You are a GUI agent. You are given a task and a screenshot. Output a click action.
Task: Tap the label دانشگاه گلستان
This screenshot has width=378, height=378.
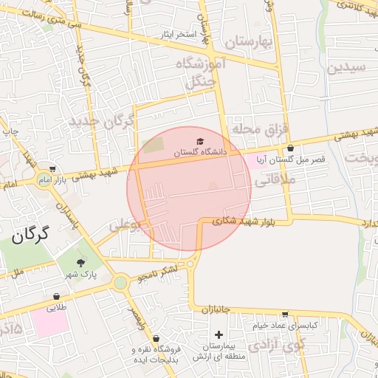(x=198, y=152)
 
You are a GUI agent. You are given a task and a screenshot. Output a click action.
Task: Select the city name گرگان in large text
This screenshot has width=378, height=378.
(x=30, y=236)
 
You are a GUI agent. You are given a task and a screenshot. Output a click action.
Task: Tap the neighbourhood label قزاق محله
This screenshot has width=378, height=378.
(x=258, y=128)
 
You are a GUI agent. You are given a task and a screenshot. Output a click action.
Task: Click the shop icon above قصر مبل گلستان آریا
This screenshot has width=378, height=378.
(x=290, y=148)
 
